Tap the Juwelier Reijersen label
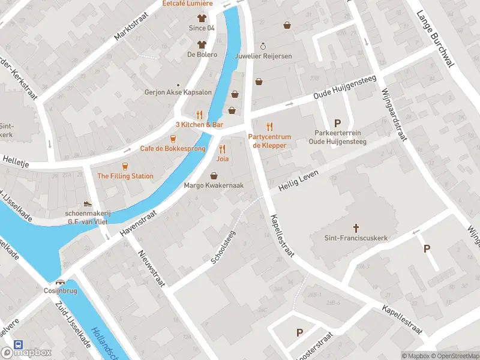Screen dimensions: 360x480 [x=265, y=56]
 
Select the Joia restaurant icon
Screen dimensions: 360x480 [x=222, y=149]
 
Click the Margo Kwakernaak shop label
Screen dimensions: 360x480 [x=214, y=186]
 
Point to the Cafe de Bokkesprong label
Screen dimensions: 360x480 [x=173, y=148]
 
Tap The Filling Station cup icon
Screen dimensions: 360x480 [x=125, y=166]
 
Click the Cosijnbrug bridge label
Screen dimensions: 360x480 [x=60, y=292]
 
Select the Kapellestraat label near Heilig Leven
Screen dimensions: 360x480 [x=281, y=236]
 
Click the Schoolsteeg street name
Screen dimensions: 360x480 [x=223, y=247]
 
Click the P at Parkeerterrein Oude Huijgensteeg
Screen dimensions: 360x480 [x=337, y=122]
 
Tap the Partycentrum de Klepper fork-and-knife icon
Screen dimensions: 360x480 [x=269, y=127]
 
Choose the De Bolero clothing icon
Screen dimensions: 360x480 [x=202, y=44]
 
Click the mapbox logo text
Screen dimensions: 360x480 [x=34, y=352]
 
